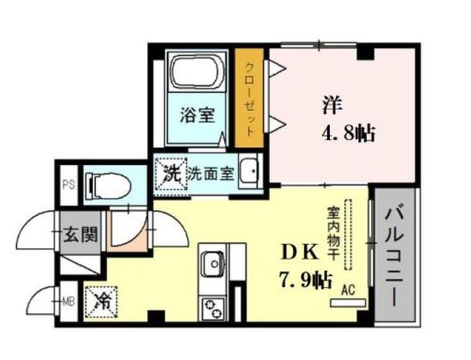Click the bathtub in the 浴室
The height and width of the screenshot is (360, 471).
[197, 71]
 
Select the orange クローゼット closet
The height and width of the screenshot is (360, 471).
[249, 98]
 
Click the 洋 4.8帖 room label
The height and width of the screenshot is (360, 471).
[348, 120]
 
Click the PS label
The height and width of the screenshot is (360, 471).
[68, 185]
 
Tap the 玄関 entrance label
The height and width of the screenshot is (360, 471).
[80, 233]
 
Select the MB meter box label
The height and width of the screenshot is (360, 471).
[68, 301]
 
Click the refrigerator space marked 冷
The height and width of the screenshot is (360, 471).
[101, 302]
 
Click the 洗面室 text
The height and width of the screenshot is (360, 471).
[211, 173]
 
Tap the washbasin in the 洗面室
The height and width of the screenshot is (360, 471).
[248, 171]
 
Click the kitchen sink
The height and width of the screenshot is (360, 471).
[214, 264]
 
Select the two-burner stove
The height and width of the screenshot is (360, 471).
[214, 309]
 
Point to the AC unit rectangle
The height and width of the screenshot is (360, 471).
[348, 303]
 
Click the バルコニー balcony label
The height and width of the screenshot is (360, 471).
[394, 256]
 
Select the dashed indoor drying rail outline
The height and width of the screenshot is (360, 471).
[349, 234]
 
